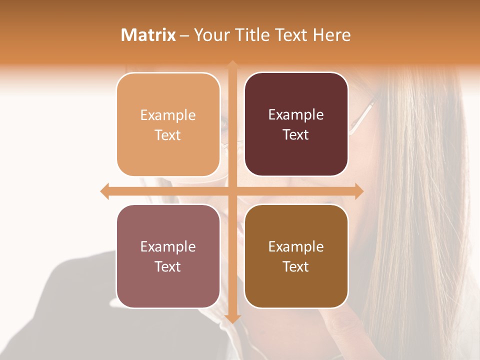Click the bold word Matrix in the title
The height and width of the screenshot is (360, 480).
(148, 35)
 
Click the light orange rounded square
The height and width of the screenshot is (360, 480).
(168, 124)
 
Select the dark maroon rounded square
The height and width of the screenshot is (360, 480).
(296, 124)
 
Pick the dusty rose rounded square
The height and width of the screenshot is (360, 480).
(168, 256)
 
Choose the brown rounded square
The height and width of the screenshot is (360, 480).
(296, 256)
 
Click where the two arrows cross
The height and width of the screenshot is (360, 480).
(232, 191)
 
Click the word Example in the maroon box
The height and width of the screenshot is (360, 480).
(296, 115)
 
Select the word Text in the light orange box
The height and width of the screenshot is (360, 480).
(168, 135)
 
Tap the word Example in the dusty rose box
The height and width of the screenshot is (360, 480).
(168, 247)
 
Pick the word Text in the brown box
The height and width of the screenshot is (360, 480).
(296, 267)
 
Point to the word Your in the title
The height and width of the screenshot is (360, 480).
(210, 35)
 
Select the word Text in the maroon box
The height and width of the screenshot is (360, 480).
(296, 135)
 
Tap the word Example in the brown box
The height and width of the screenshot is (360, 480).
(296, 247)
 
